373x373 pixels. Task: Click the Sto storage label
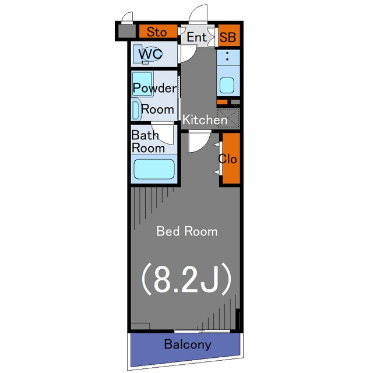coord(157,32)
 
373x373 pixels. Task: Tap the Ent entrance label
coord(197,37)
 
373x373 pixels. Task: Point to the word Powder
coord(155,88)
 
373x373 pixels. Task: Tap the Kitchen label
coord(205,119)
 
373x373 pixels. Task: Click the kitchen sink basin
coord(227,85)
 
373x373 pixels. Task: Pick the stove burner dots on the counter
coord(227,56)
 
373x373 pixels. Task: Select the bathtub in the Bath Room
coord(154,169)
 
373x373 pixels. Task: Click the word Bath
coord(145,135)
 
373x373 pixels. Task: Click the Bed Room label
coord(187,231)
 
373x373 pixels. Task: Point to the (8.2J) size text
coord(186,279)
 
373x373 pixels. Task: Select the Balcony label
coord(188,344)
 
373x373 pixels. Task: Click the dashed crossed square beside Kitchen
coord(228,118)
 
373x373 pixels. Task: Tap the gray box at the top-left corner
coord(127,31)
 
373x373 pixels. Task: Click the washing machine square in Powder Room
coord(142,84)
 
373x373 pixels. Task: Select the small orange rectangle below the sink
coord(222,102)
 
